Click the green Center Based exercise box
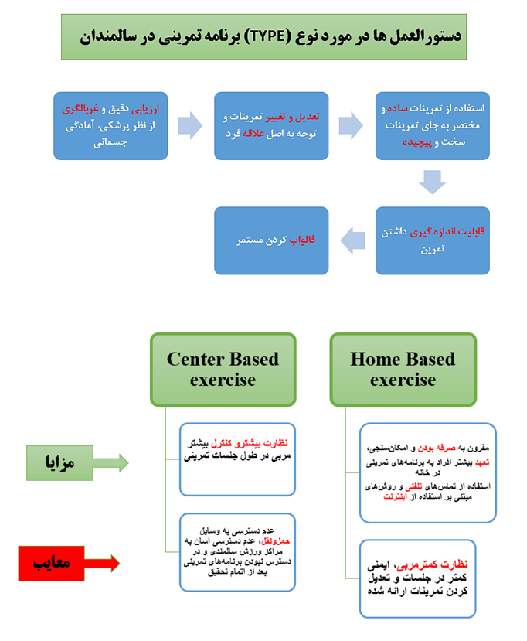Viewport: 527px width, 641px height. [x=223, y=369]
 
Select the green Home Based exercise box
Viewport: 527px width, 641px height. [x=403, y=369]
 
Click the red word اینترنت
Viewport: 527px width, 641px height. [x=400, y=496]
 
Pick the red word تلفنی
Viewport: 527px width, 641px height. [x=406, y=486]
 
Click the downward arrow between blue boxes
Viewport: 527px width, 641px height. [x=433, y=182]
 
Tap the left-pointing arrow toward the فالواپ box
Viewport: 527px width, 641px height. [x=352, y=240]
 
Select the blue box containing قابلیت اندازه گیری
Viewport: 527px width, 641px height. [x=432, y=240]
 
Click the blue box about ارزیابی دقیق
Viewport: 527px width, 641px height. [x=110, y=126]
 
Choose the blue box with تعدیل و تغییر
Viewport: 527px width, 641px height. [x=270, y=126]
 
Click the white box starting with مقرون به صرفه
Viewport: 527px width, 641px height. [x=427, y=472]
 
